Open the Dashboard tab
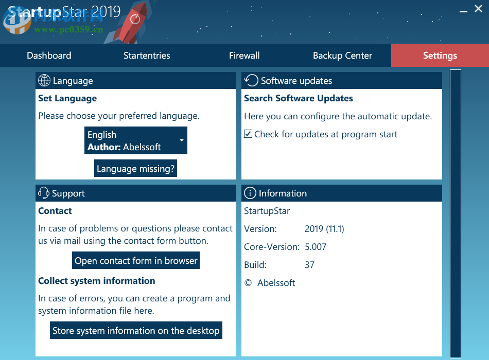pos(49,56)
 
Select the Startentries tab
pos(147,56)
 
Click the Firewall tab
pos(244,56)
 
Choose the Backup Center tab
pos(342,56)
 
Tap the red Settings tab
pos(440,56)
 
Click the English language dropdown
pos(135,141)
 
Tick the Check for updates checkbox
pos(249,134)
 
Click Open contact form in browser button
pos(136,261)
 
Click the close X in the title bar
pos(478,9)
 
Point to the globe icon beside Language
pos(44,81)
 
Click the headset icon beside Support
pos(44,193)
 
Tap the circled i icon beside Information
pos(250,193)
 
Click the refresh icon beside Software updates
pos(251,80)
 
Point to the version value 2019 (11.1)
pos(324,229)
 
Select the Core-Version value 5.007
pos(316,247)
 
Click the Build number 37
pos(309,265)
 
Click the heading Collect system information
pos(96,281)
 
